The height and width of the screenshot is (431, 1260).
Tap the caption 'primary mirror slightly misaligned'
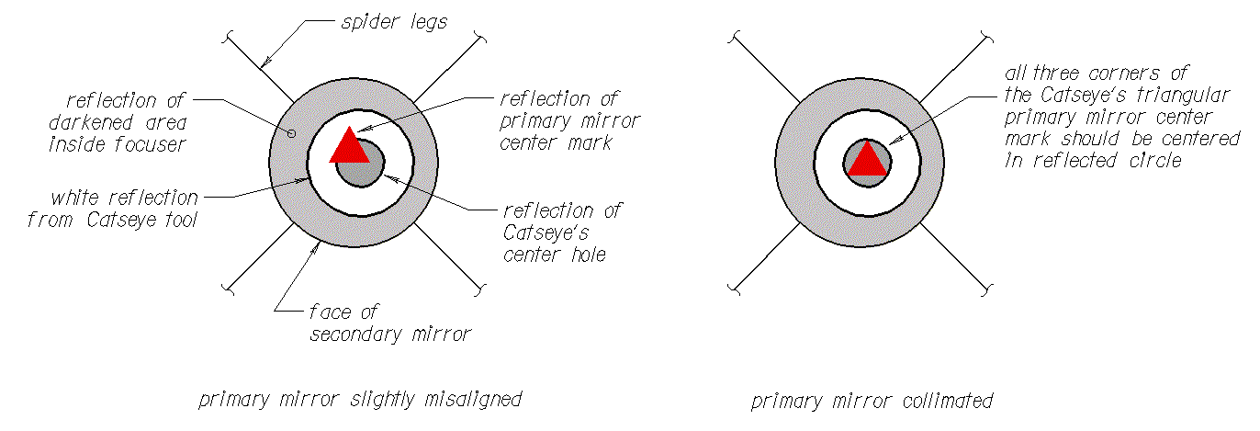pyautogui.click(x=360, y=400)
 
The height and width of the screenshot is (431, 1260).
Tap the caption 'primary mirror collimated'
pyautogui.click(x=872, y=402)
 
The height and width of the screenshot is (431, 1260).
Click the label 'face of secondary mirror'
pyautogui.click(x=389, y=323)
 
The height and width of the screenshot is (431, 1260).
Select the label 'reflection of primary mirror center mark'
pyautogui.click(x=569, y=120)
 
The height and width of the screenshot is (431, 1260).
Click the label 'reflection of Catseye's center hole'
pyautogui.click(x=562, y=233)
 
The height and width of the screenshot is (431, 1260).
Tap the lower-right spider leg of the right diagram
pyautogui.click(x=954, y=260)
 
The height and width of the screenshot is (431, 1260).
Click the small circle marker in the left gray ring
pyautogui.click(x=292, y=133)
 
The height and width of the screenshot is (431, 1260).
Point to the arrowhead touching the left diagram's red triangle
pyautogui.click(x=359, y=131)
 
